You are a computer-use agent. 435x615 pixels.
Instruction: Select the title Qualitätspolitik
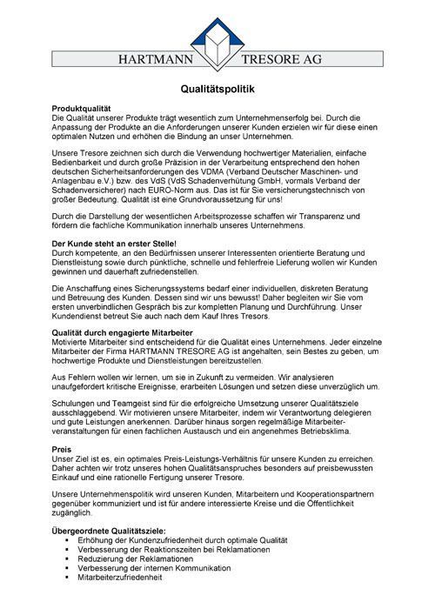(x=217, y=89)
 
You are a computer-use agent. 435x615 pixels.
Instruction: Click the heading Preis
(x=62, y=450)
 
